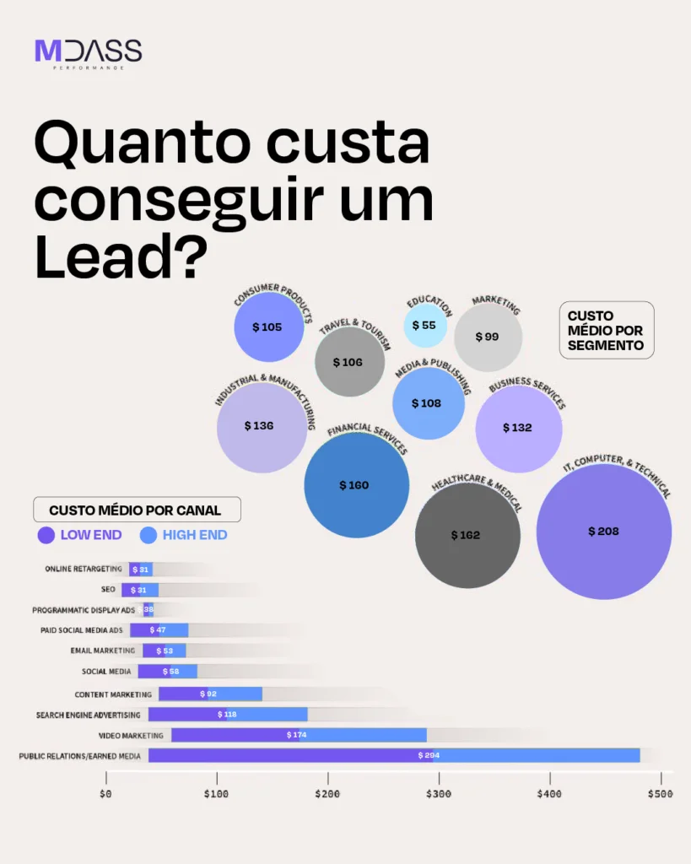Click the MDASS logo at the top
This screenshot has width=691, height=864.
pyautogui.click(x=88, y=52)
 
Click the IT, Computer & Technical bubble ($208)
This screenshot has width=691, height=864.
pyautogui.click(x=603, y=532)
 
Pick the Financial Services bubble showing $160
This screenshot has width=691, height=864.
pyautogui.click(x=355, y=485)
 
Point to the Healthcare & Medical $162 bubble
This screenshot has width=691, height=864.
pyautogui.click(x=467, y=535)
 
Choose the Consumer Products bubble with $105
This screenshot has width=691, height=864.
pyautogui.click(x=267, y=327)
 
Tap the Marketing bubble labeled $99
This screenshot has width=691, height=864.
pyautogui.click(x=488, y=337)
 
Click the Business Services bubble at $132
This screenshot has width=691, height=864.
pyautogui.click(x=518, y=428)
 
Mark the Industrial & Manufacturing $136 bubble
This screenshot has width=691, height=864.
pyautogui.click(x=261, y=426)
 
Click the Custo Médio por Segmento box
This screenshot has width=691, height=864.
pyautogui.click(x=606, y=330)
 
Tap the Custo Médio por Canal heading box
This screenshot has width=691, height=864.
pyautogui.click(x=136, y=510)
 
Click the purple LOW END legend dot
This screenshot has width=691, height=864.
pyautogui.click(x=46, y=535)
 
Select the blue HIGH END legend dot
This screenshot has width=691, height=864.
pyautogui.click(x=148, y=535)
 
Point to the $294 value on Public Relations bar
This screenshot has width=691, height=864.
pyautogui.click(x=428, y=755)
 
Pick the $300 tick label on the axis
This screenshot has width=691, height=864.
pyautogui.click(x=439, y=794)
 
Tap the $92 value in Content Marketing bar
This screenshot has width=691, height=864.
pyautogui.click(x=208, y=694)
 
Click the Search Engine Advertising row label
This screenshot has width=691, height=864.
pyautogui.click(x=88, y=715)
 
